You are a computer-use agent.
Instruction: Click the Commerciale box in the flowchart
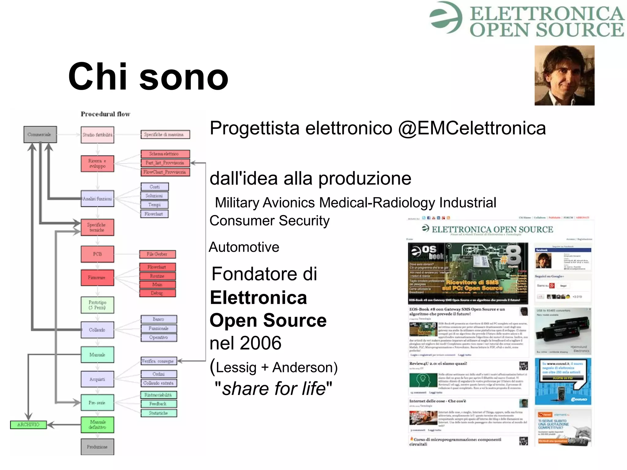[40, 134]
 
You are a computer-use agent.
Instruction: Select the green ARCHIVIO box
[28, 424]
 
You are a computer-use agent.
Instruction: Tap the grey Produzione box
[97, 447]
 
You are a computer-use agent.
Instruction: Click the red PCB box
[97, 254]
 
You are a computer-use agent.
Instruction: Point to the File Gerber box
[157, 254]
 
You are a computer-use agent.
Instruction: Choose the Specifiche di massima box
[165, 134]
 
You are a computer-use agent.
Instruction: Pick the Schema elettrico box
[165, 154]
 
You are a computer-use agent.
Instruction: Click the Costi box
[155, 186]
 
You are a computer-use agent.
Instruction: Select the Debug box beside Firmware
[157, 293]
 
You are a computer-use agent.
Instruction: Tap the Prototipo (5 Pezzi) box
[97, 305]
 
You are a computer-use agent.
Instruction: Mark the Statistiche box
[159, 413]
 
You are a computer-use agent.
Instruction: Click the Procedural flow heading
[105, 114]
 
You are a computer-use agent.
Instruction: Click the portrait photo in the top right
[564, 76]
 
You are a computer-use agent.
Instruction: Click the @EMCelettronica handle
[472, 128]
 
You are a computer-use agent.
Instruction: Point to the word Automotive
[244, 247]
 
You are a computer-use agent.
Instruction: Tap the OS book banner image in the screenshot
[468, 273]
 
